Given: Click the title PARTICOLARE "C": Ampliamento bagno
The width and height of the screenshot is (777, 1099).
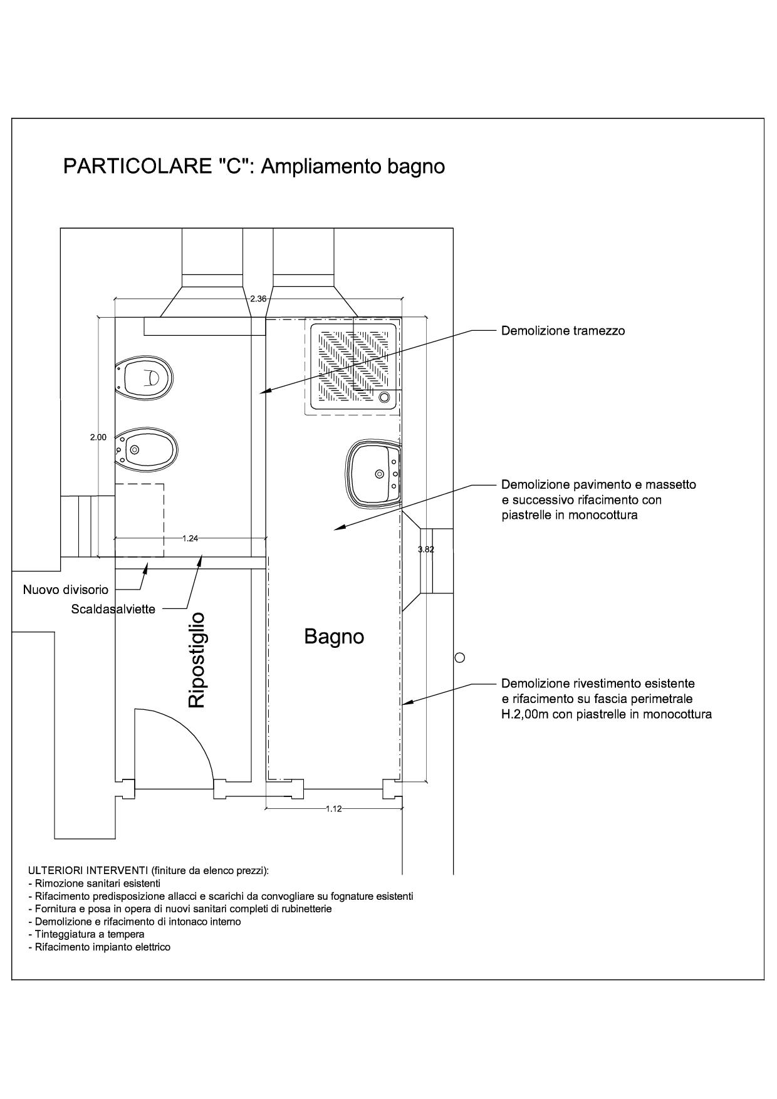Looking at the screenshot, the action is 254,166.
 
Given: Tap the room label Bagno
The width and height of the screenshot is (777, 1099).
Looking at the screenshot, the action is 334,637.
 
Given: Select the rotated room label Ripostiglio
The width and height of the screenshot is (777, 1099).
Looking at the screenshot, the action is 197,660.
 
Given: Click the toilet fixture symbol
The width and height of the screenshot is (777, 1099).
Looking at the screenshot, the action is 144,378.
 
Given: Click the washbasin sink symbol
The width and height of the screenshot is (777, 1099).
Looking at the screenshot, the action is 374,474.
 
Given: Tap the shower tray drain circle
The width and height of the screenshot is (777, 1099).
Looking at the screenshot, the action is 384,396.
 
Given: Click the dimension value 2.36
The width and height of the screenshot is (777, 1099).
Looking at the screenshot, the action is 258,299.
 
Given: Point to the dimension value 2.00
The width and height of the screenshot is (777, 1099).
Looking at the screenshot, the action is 98,437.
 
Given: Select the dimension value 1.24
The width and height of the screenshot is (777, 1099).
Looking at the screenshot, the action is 190,538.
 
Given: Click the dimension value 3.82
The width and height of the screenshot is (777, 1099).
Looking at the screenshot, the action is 426,549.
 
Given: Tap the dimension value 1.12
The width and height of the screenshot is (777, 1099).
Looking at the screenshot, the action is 334,809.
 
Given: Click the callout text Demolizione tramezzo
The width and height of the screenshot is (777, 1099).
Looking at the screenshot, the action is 563,331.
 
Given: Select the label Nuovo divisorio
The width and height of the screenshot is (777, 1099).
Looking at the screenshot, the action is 66,590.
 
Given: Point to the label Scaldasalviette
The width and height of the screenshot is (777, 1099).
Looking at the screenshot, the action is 113,609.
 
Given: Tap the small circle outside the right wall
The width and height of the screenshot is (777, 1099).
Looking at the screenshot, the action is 459,657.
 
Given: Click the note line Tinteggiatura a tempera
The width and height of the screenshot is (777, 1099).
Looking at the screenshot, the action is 86,934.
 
